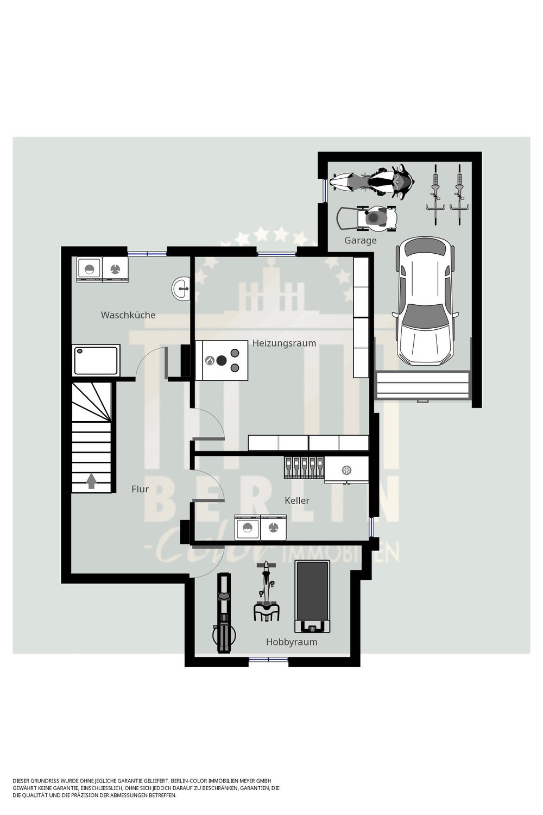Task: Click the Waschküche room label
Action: tap(128, 315)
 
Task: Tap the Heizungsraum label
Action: tap(284, 343)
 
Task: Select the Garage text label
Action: tap(360, 241)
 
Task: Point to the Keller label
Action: tap(297, 500)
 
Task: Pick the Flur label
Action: tap(140, 490)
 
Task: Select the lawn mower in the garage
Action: tap(367, 218)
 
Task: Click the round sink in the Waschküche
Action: tap(181, 289)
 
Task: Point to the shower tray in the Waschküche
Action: tap(96, 361)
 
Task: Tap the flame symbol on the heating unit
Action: tap(210, 361)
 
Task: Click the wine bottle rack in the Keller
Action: tap(304, 467)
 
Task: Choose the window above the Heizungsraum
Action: tap(277, 254)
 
